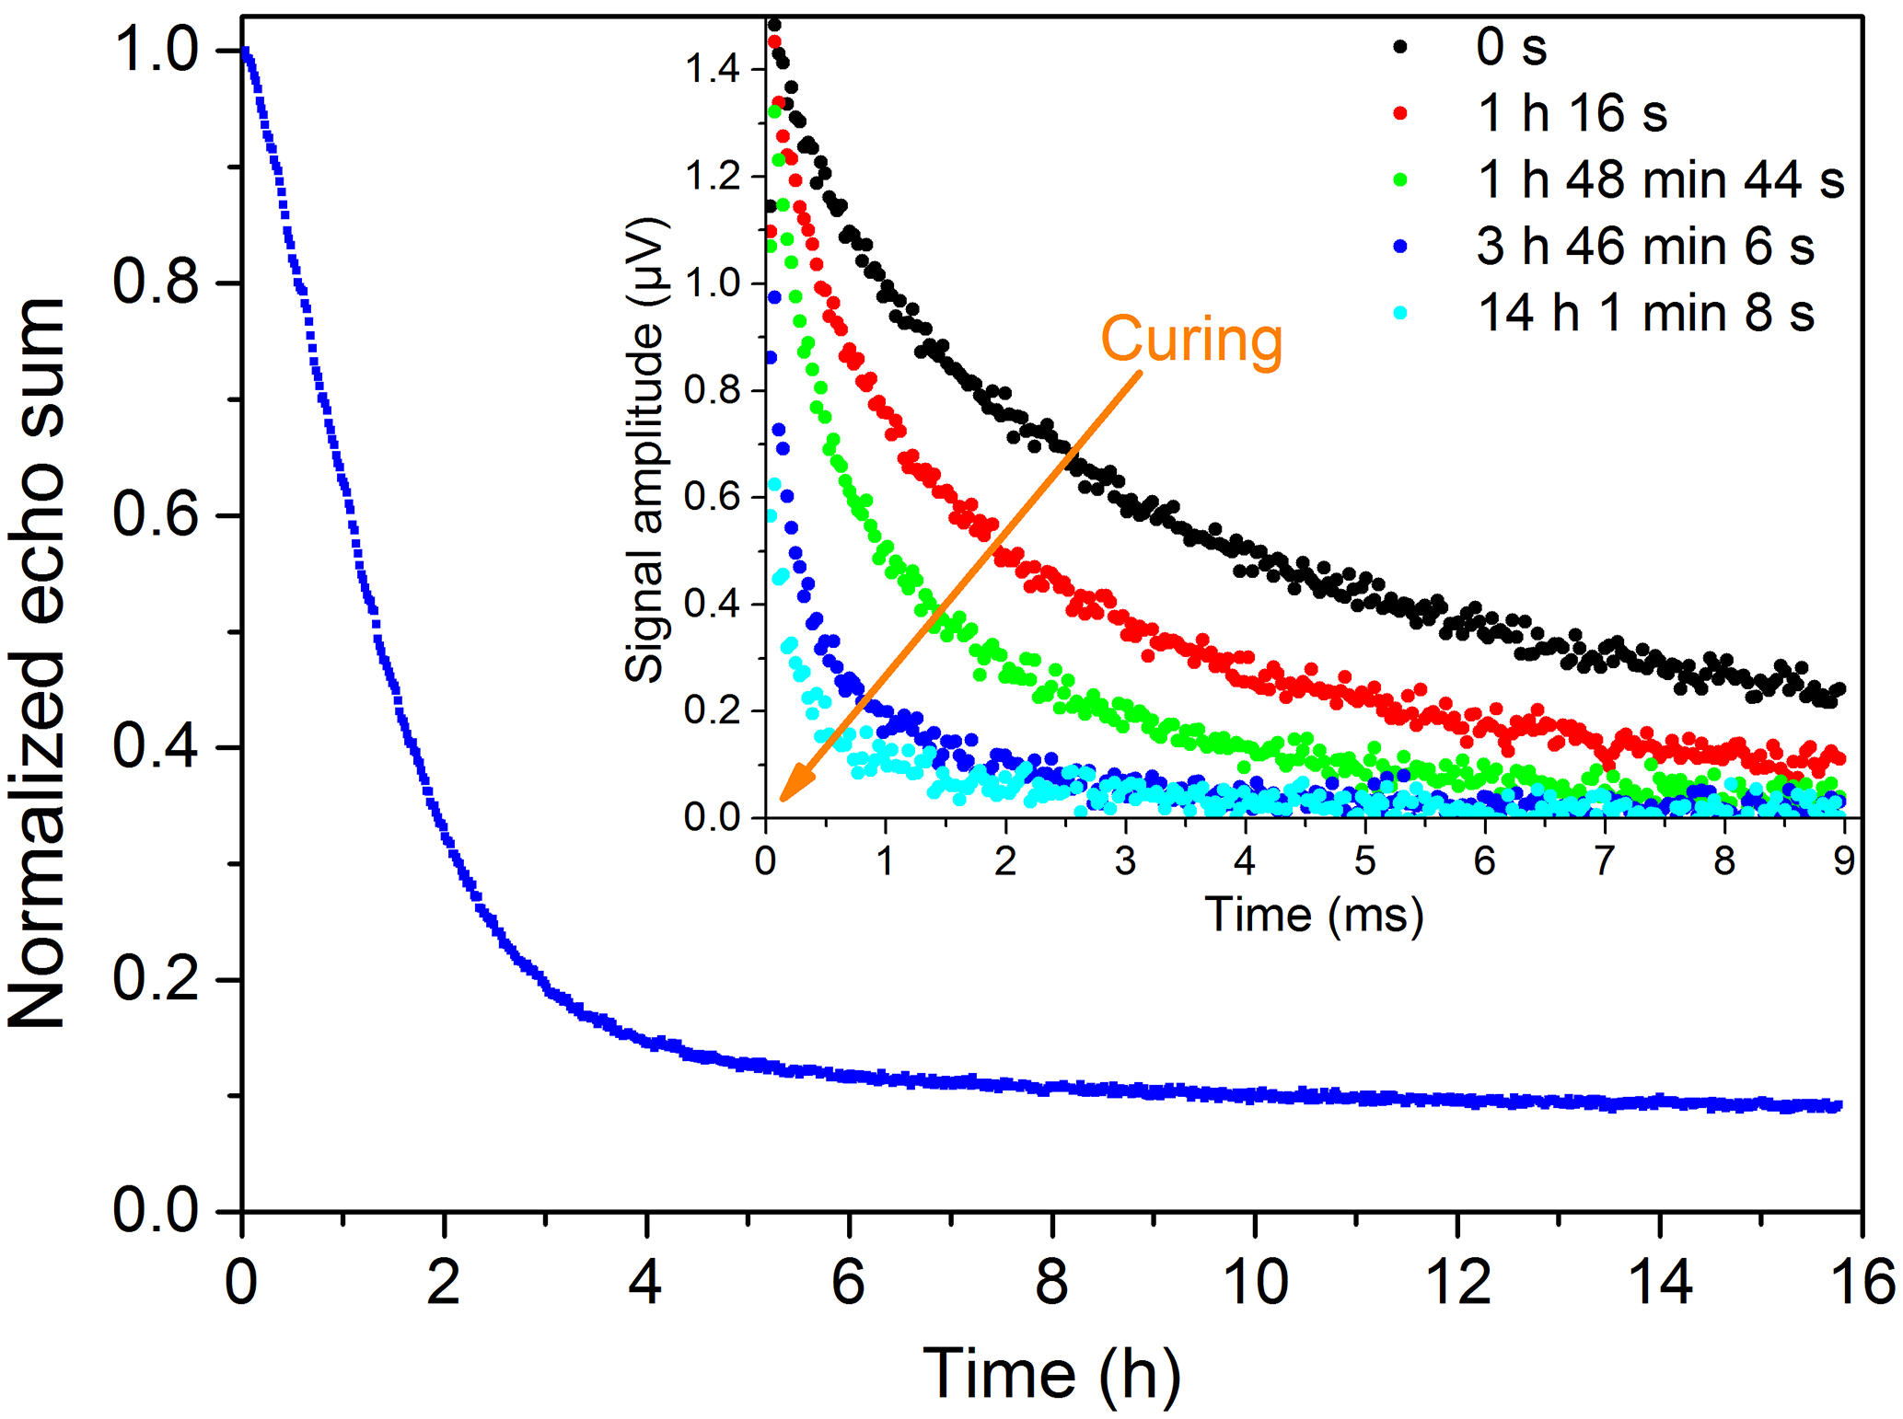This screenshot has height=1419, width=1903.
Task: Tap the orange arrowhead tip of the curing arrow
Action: [783, 799]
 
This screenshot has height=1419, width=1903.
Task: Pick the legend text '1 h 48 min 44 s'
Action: [1661, 179]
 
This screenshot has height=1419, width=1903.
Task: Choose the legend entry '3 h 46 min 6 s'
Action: [1645, 247]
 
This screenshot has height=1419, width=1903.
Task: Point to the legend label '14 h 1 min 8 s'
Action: [1645, 314]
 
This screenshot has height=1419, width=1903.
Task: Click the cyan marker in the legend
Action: [1400, 313]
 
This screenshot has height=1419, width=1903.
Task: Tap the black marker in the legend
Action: [1400, 46]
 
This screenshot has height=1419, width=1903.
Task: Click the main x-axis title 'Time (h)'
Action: [1051, 1373]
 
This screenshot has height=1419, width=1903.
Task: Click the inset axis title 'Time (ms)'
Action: [1314, 915]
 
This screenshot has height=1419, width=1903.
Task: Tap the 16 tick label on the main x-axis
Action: [1862, 1282]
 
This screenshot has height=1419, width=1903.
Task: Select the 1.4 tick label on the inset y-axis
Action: [713, 70]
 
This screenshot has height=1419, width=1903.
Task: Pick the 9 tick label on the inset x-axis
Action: [1843, 861]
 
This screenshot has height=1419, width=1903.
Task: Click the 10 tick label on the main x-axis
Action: [1255, 1282]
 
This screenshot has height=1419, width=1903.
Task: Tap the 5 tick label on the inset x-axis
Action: [1364, 861]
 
